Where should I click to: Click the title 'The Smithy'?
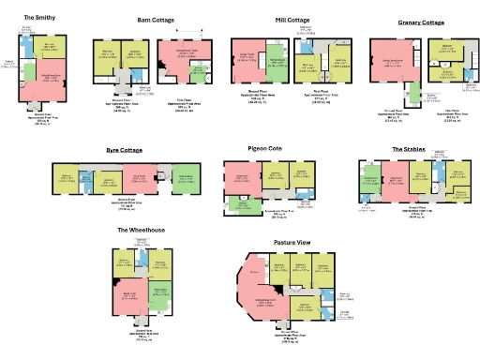pos(39,17)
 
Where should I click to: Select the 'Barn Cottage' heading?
pos(156,18)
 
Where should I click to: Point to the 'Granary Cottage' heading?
pos(421,22)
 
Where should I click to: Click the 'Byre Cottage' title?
pos(124,148)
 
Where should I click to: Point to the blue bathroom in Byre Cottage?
pos(85,180)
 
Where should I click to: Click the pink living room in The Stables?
pos(393,180)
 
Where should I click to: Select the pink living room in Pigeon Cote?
pos(240,178)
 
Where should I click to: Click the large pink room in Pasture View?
pos(271,302)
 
